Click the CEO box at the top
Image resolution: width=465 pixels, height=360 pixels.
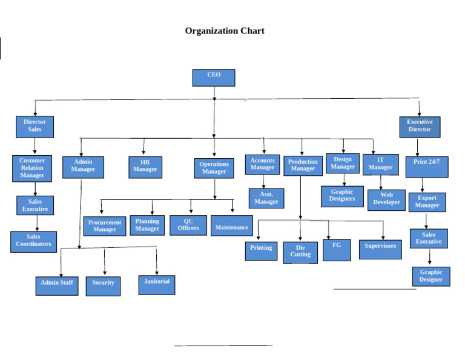click(214, 78)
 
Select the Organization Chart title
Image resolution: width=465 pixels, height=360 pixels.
click(225, 31)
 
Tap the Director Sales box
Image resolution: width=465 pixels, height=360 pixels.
click(35, 127)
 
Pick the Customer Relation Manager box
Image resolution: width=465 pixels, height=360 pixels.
click(32, 168)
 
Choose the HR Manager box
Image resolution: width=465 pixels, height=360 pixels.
click(145, 167)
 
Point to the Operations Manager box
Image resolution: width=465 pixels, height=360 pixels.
click(214, 168)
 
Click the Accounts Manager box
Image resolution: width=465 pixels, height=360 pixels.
click(262, 165)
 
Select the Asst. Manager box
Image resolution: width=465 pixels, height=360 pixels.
click(266, 198)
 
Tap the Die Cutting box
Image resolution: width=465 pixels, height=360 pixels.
click(300, 252)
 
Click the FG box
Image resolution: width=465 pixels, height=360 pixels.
click(337, 250)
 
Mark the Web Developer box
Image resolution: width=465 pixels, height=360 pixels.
click(386, 200)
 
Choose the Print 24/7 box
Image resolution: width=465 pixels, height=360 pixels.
click(427, 167)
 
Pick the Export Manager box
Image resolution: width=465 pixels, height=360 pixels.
click(427, 202)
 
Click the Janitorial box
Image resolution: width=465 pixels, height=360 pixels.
click(157, 285)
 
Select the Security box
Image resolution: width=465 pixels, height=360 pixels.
click(103, 286)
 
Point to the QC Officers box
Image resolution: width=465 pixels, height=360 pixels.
click(188, 225)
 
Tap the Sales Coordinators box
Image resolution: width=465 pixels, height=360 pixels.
click(33, 241)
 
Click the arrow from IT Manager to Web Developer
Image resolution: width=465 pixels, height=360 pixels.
click(380, 182)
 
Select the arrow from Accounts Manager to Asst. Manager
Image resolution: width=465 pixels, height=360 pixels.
click(263, 181)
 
